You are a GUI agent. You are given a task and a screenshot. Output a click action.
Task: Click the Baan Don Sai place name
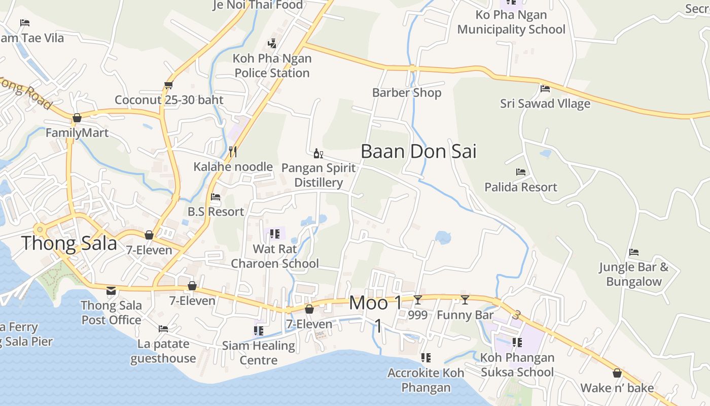coord(418,151)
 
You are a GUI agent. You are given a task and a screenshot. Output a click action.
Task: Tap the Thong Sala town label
coord(69,244)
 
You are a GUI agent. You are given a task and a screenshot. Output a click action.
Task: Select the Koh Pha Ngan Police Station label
coord(272,65)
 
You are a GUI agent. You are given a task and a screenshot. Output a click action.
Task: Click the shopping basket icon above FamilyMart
coord(77,118)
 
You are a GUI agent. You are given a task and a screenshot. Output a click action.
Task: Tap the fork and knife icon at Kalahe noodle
coord(233,151)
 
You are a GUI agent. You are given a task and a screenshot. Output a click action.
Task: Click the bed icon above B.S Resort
coord(216,197)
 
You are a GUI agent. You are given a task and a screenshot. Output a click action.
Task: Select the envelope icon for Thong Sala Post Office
coord(111,291)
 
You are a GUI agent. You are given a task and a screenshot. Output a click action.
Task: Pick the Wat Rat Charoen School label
coord(275,256)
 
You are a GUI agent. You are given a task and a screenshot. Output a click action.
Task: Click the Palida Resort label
coord(521,187)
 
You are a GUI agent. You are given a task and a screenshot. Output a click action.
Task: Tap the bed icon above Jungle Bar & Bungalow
coord(633,252)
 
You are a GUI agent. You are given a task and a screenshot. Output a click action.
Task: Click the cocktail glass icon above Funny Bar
coord(465,300)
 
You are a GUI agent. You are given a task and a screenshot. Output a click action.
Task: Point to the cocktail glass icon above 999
coord(417,300)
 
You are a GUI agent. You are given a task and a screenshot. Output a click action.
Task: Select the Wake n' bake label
coord(617,388)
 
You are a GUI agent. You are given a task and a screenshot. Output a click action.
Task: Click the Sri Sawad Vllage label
coord(545,104)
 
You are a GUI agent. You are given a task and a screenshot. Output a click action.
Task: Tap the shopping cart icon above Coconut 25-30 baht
coord(168,85)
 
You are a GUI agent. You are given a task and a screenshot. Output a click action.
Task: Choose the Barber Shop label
coord(407,93)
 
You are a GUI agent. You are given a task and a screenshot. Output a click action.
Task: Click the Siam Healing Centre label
coord(259,353)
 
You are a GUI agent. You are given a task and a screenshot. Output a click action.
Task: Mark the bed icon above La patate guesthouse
coord(163,329)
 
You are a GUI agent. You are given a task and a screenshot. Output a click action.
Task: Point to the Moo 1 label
coord(376,303)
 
